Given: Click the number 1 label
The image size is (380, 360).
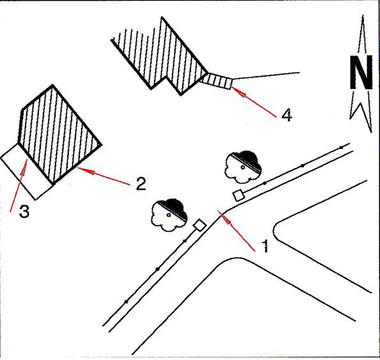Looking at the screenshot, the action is click(x=266, y=246).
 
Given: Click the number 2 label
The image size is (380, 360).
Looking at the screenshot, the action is click(x=141, y=184).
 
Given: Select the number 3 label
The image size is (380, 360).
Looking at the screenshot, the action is click(x=24, y=211).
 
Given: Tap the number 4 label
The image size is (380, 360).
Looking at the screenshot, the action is click(x=287, y=114).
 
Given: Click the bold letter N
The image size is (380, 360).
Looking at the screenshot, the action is click(x=361, y=72).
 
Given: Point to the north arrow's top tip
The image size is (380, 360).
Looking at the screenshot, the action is click(x=363, y=15).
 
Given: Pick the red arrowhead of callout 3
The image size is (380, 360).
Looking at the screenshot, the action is click(x=23, y=170).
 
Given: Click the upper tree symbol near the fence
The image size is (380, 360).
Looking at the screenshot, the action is click(x=243, y=167).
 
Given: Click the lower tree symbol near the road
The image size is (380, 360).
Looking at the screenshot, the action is click(x=169, y=215).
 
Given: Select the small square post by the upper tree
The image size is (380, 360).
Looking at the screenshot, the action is click(x=238, y=195).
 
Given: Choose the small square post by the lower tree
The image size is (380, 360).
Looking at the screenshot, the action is click(x=199, y=225).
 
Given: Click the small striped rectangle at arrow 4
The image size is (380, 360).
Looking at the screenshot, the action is click(x=217, y=81).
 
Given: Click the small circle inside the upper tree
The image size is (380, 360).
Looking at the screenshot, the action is click(x=242, y=167).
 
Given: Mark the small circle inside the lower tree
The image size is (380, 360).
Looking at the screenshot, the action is click(x=169, y=215).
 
